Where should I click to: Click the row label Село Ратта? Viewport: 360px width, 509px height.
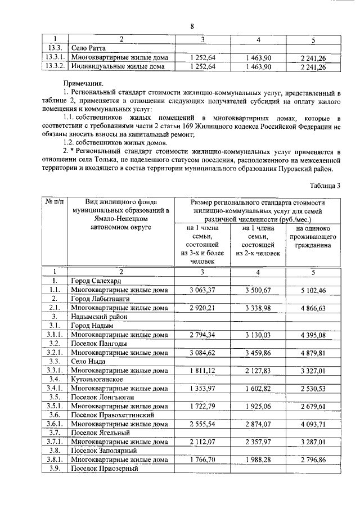coord(88,48)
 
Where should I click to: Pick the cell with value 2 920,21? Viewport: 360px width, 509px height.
coord(203,308)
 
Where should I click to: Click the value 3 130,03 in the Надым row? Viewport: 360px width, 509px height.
coord(258,335)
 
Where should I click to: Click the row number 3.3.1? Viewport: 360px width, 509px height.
coord(55,371)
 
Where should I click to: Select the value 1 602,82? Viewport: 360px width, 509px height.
coord(258,389)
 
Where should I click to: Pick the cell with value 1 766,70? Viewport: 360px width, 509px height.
coord(203,460)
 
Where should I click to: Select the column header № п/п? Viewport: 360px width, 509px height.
coord(55,202)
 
